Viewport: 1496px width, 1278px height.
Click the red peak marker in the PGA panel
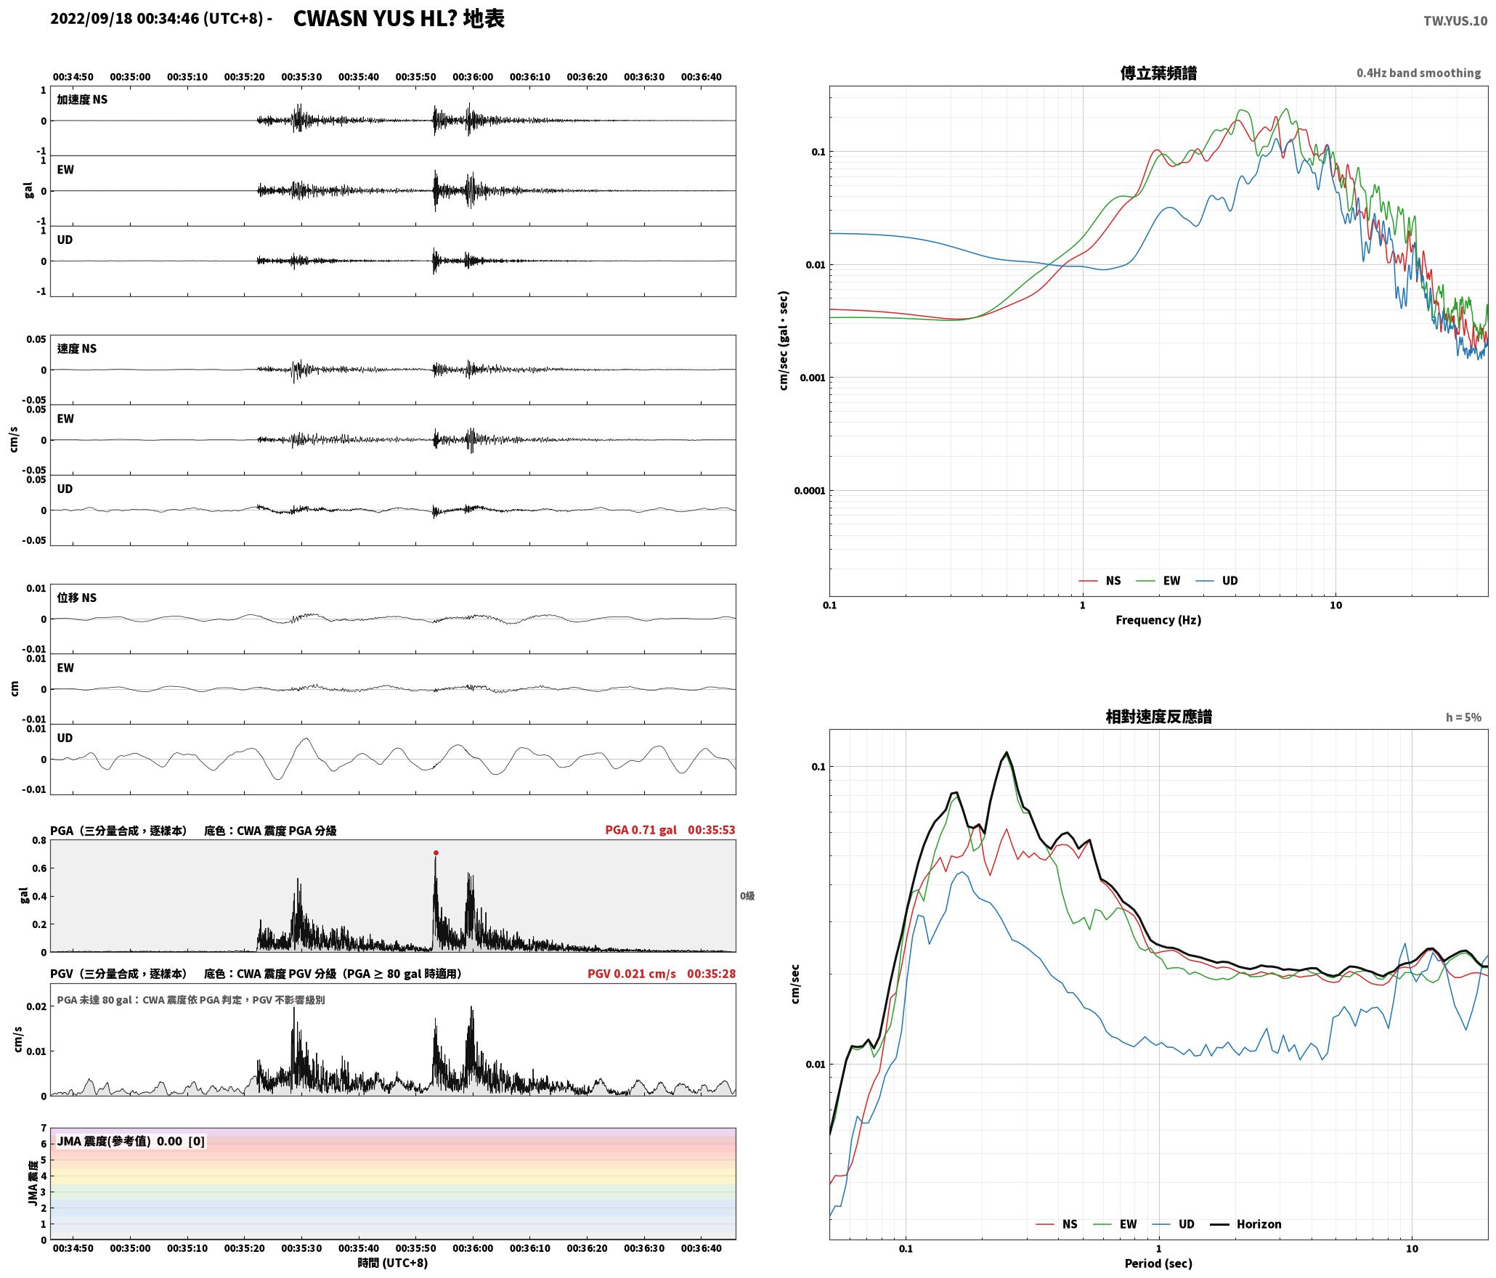pyautogui.click(x=436, y=852)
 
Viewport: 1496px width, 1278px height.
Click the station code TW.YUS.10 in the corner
pyautogui.click(x=1455, y=21)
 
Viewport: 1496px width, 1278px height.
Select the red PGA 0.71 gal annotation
pyautogui.click(x=641, y=829)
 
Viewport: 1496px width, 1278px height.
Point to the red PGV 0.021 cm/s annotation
pyautogui.click(x=631, y=973)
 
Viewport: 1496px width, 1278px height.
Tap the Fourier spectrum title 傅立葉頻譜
pyautogui.click(x=1158, y=73)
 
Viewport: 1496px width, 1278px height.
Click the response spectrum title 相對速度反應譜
pyautogui.click(x=1158, y=716)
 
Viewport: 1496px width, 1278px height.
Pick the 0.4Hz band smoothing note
pyautogui.click(x=1418, y=73)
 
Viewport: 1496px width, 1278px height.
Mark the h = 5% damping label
pyautogui.click(x=1463, y=717)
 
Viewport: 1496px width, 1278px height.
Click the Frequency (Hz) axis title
pyautogui.click(x=1158, y=619)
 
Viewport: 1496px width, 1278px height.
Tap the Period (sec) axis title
pyautogui.click(x=1158, y=1263)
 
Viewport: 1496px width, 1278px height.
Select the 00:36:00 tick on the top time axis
pyautogui.click(x=473, y=76)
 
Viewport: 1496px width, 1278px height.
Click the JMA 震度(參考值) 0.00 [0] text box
pyautogui.click(x=131, y=1141)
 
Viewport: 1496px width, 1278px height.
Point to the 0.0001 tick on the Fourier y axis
pyautogui.click(x=809, y=490)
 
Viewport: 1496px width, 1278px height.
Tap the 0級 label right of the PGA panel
pyautogui.click(x=747, y=895)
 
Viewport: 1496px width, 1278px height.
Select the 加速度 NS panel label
pyautogui.click(x=82, y=99)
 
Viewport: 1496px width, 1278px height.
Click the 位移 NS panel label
pyautogui.click(x=76, y=597)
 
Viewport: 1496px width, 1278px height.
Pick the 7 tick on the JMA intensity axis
pyautogui.click(x=44, y=1128)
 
